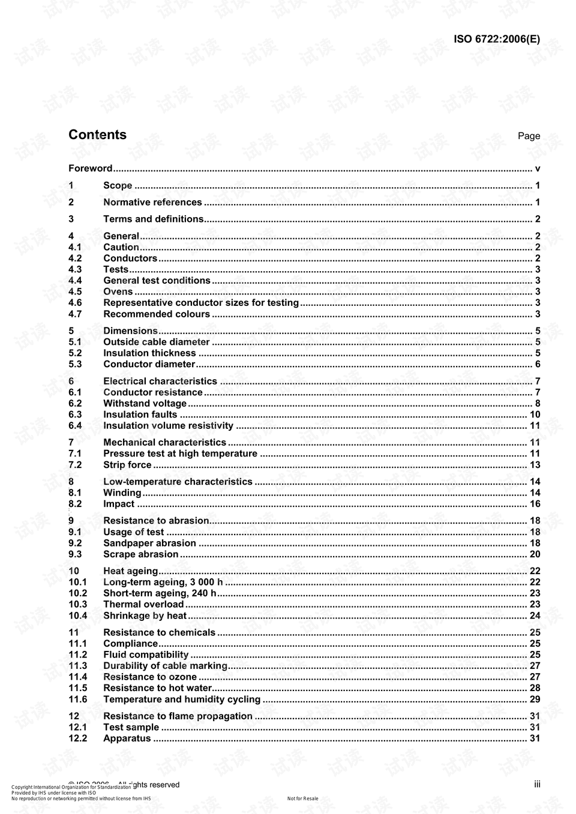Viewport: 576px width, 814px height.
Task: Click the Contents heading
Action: click(97, 135)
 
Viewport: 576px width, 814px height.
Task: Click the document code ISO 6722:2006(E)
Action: click(496, 40)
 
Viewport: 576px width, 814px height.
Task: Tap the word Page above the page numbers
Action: click(529, 136)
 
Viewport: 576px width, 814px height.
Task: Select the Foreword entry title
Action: click(90, 169)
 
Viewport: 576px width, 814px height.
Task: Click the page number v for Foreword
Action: click(538, 169)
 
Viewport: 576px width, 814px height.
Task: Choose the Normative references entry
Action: click(152, 203)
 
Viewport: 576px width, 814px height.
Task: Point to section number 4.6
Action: click(75, 303)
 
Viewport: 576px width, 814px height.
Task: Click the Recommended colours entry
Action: click(157, 314)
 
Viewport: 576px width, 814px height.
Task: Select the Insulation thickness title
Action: click(149, 353)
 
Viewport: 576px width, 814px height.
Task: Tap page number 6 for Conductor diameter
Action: click(538, 365)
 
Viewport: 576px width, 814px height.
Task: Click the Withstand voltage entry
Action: click(145, 404)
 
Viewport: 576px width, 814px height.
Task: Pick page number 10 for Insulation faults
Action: click(535, 415)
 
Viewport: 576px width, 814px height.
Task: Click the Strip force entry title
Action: click(127, 465)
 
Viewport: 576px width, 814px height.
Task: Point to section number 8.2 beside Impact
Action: click(75, 504)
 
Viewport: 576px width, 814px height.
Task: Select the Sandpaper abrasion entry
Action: click(149, 543)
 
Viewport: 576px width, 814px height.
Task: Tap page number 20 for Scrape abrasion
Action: click(535, 555)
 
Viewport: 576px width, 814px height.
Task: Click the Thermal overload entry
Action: click(143, 605)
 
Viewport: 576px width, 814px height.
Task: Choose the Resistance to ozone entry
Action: click(150, 677)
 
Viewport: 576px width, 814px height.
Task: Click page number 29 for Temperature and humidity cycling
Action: click(535, 699)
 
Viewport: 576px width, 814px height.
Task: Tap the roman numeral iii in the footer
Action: click(537, 784)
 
